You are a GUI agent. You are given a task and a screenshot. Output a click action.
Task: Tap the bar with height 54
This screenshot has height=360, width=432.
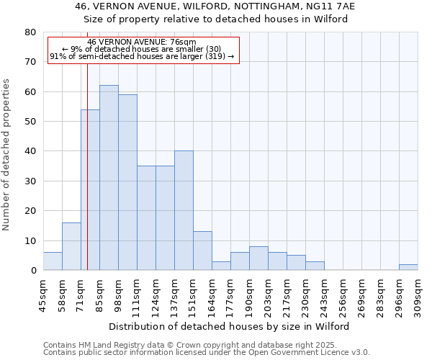(x=90, y=190)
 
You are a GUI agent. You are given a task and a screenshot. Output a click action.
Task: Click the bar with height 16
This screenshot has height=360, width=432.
(x=71, y=246)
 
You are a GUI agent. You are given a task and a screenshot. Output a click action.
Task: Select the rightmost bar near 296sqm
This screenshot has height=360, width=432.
(x=408, y=267)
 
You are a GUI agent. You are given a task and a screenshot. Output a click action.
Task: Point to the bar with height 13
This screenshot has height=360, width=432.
(x=202, y=251)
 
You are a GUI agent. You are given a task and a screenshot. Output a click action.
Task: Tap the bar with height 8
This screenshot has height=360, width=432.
(x=258, y=258)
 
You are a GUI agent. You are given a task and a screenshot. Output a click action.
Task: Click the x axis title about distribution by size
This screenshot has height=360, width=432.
(x=230, y=326)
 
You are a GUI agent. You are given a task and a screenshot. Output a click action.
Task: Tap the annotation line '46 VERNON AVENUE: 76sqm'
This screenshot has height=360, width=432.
(x=141, y=42)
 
